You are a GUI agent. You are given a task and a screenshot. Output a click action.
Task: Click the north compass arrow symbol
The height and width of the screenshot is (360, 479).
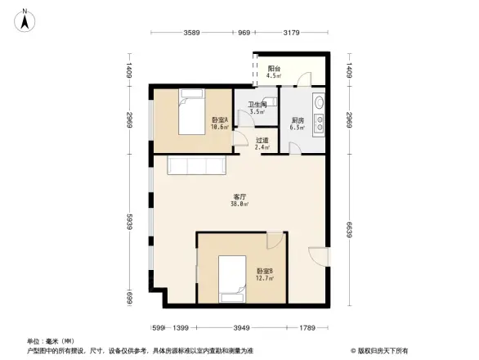(25, 18)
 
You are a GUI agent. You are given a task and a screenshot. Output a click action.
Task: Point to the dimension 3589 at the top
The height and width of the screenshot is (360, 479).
(192, 33)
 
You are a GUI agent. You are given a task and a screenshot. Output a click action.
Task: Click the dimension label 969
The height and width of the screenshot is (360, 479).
(244, 33)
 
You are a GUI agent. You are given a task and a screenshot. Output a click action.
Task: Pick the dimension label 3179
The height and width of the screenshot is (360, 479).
(290, 33)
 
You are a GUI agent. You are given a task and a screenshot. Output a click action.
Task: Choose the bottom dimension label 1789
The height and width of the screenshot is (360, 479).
(307, 328)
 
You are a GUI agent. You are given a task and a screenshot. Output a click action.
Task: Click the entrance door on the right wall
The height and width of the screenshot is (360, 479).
(319, 255)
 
